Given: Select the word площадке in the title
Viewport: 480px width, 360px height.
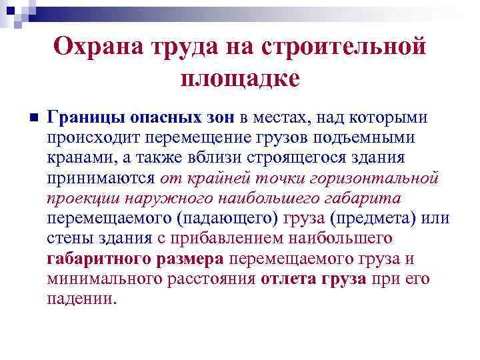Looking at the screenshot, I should click(x=240, y=78).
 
